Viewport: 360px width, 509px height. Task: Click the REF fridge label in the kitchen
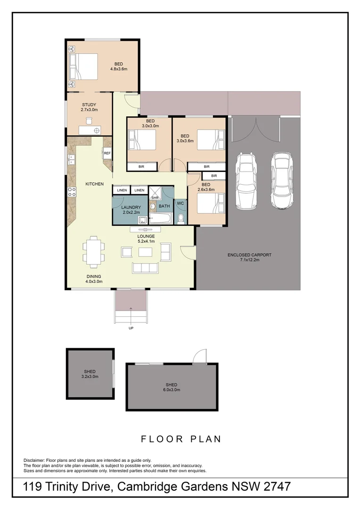point(107,153)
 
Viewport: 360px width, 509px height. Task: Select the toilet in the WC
point(181,218)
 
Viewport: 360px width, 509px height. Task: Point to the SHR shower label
point(154,198)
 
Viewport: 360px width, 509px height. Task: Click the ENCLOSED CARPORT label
point(249,255)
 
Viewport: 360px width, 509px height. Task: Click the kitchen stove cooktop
point(73,191)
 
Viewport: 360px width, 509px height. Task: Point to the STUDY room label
point(89,105)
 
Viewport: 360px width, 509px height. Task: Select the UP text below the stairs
point(131,328)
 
